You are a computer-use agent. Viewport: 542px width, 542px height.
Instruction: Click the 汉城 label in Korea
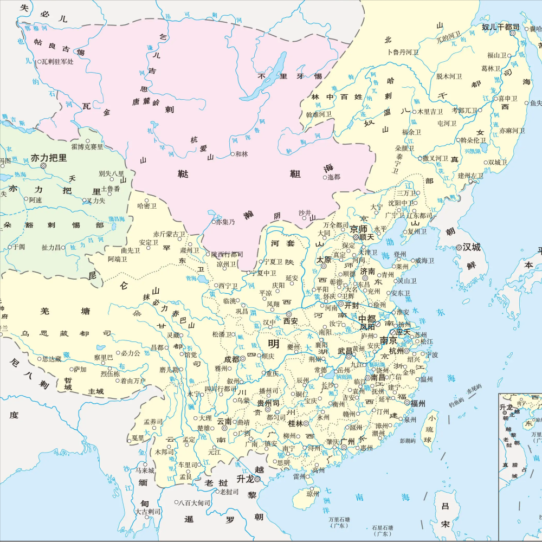point(472,247)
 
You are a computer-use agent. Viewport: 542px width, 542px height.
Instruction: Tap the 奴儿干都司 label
point(501,27)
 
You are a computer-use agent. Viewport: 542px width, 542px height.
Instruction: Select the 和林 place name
point(242,154)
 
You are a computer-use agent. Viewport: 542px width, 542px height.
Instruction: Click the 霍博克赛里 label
point(87,147)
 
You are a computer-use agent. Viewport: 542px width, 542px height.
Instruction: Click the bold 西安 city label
point(291,321)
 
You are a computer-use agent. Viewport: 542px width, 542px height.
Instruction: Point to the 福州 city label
point(418,403)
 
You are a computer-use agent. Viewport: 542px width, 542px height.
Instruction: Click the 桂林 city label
point(295,423)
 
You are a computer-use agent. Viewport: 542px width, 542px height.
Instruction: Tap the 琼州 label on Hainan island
point(313,494)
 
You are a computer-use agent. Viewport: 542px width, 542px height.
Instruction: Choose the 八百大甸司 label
point(195,503)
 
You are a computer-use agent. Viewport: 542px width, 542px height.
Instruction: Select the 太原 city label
point(324,260)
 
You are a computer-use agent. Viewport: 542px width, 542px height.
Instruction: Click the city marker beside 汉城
point(459,247)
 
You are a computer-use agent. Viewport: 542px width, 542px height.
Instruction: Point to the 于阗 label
point(18,247)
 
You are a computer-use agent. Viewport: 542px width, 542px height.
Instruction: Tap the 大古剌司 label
point(149,511)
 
